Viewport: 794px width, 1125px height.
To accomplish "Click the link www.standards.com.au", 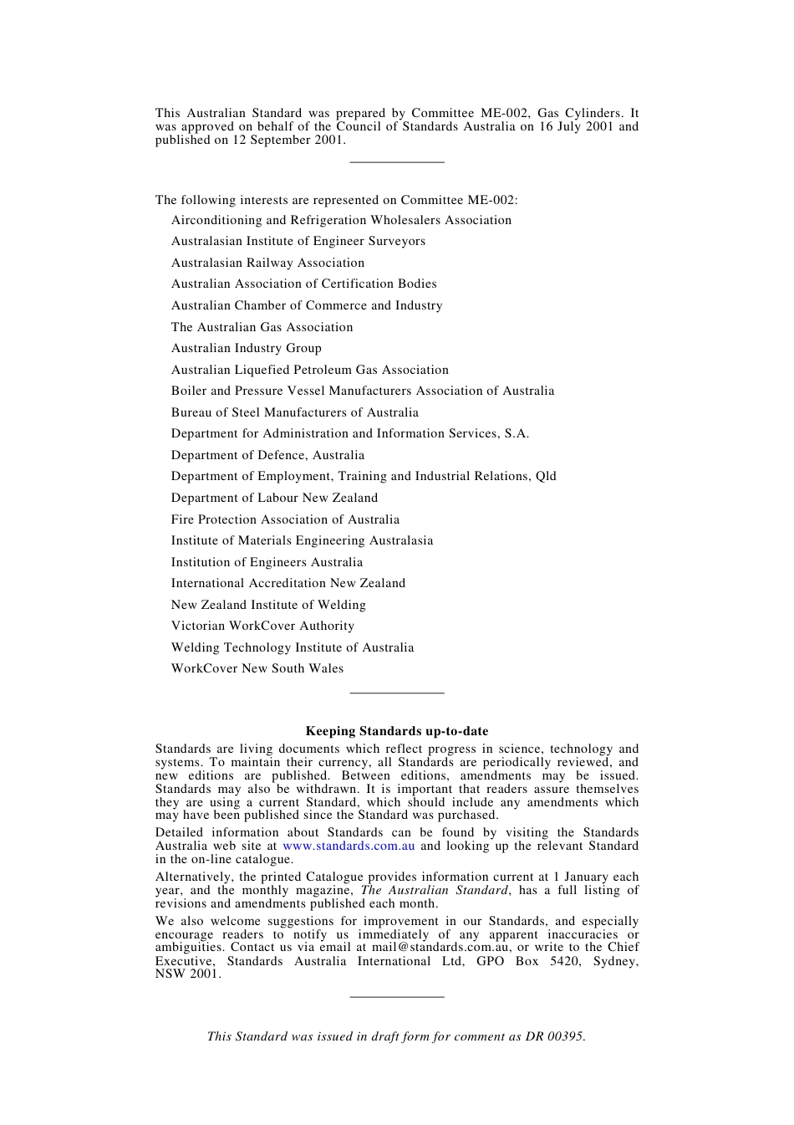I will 349,846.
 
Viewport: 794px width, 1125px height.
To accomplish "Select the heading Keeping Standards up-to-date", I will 397,731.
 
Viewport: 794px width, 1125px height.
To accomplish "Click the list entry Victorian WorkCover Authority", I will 262,626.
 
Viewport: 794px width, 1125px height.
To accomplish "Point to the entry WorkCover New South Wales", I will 257,668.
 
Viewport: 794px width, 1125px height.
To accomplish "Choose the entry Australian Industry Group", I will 247,348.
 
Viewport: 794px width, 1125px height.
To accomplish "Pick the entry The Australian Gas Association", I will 262,327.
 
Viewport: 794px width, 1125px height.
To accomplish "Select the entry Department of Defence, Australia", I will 267,455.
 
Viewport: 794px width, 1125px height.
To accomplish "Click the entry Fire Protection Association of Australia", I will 285,519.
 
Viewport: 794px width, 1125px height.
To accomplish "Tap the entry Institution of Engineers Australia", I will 267,562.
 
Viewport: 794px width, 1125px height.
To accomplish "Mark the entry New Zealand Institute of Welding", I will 268,605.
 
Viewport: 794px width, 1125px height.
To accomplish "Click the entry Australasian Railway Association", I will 267,263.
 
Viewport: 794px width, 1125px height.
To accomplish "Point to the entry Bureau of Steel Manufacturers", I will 295,412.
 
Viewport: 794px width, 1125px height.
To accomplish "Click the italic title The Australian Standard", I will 434,890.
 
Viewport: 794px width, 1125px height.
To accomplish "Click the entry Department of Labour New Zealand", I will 274,498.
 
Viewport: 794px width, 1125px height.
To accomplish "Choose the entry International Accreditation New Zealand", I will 288,583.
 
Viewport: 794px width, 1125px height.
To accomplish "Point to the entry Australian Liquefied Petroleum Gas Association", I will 310,370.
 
